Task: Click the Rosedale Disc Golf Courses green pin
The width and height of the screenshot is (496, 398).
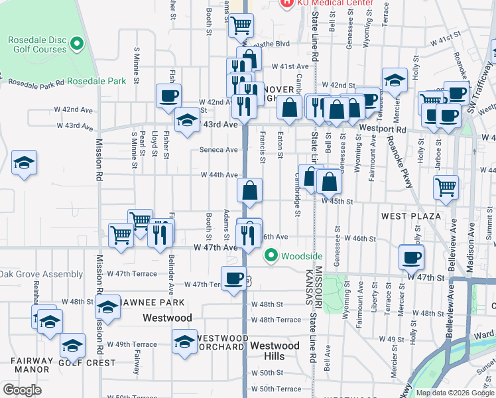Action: pyautogui.click(x=76, y=45)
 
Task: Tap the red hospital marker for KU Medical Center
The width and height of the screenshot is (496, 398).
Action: pyautogui.click(x=286, y=3)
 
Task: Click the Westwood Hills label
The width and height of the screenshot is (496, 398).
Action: pyautogui.click(x=275, y=351)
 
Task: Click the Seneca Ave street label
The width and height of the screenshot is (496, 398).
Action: pyautogui.click(x=219, y=150)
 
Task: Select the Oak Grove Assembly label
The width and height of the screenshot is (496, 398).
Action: pyautogui.click(x=41, y=274)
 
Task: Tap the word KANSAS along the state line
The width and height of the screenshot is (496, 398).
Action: pyautogui.click(x=308, y=287)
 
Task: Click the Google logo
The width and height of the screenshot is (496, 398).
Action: pyautogui.click(x=22, y=390)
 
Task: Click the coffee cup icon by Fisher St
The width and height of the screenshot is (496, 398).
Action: pyautogui.click(x=168, y=95)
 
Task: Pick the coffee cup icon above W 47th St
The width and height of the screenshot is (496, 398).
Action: pyautogui.click(x=412, y=257)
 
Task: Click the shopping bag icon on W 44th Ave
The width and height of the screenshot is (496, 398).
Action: pyautogui.click(x=249, y=190)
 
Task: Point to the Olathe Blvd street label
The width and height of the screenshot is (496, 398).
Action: pyautogui.click(x=274, y=44)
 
